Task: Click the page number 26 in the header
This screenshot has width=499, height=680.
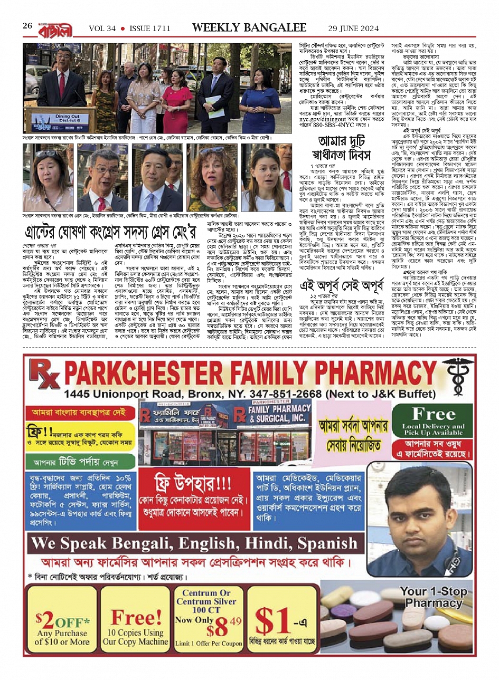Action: point(27,26)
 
